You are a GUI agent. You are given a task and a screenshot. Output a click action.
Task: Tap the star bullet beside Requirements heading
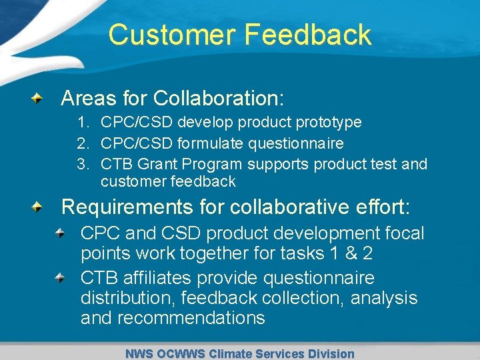coord(39,207)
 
